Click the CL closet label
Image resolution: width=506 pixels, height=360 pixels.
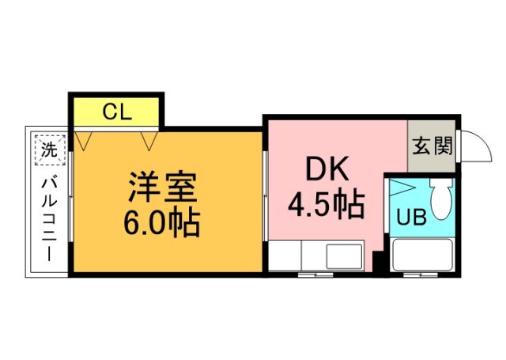[x=116, y=112]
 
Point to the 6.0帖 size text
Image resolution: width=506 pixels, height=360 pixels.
[x=161, y=223]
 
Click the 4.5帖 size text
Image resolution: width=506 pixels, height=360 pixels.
[x=326, y=206]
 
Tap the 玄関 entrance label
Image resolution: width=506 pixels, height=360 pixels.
[x=432, y=146]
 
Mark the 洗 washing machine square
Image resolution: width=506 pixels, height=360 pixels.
[x=49, y=148]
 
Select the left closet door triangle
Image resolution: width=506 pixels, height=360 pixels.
[x=85, y=140]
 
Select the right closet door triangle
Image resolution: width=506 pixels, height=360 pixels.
[x=149, y=140]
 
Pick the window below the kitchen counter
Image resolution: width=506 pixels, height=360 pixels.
[x=316, y=275]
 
